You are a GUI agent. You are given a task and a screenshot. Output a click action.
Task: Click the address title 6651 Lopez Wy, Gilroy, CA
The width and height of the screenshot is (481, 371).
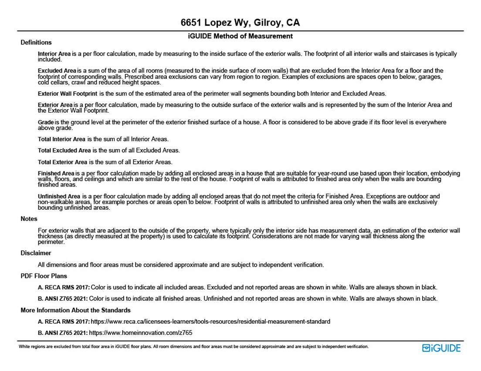240,23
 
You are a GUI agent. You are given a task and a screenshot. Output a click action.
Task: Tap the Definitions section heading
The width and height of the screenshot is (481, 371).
36,43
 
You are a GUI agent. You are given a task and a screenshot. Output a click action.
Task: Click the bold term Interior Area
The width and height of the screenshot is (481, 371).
54,54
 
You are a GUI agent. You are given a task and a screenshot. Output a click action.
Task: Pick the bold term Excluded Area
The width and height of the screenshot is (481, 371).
57,70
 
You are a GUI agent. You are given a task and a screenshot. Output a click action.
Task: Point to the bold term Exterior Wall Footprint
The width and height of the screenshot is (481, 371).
68,94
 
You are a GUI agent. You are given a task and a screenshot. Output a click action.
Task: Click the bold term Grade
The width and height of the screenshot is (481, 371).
46,122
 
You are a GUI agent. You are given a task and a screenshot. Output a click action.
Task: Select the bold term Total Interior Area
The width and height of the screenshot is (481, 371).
62,139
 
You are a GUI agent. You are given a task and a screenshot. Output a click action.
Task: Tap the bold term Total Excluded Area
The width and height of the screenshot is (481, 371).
64,150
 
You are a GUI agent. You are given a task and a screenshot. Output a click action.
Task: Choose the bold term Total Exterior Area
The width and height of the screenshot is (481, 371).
63,162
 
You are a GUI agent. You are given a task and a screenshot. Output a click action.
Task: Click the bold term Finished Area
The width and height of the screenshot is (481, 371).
56,174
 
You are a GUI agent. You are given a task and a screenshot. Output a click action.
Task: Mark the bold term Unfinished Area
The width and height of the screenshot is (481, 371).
59,196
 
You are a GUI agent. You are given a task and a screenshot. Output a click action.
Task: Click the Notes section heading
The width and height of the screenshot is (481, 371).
29,219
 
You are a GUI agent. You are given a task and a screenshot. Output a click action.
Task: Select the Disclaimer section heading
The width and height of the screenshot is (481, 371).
36,253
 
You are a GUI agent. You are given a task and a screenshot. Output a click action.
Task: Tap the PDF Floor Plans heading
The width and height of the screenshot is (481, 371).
44,276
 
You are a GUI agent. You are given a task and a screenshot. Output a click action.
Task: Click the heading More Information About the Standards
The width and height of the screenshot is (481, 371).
75,310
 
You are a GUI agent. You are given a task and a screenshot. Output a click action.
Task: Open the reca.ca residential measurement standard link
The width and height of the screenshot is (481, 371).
210,321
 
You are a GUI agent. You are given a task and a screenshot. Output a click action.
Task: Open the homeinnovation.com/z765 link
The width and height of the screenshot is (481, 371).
140,333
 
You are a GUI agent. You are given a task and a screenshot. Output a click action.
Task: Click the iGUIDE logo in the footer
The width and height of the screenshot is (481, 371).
441,348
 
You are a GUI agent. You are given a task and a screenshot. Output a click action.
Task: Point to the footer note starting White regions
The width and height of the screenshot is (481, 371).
194,347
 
